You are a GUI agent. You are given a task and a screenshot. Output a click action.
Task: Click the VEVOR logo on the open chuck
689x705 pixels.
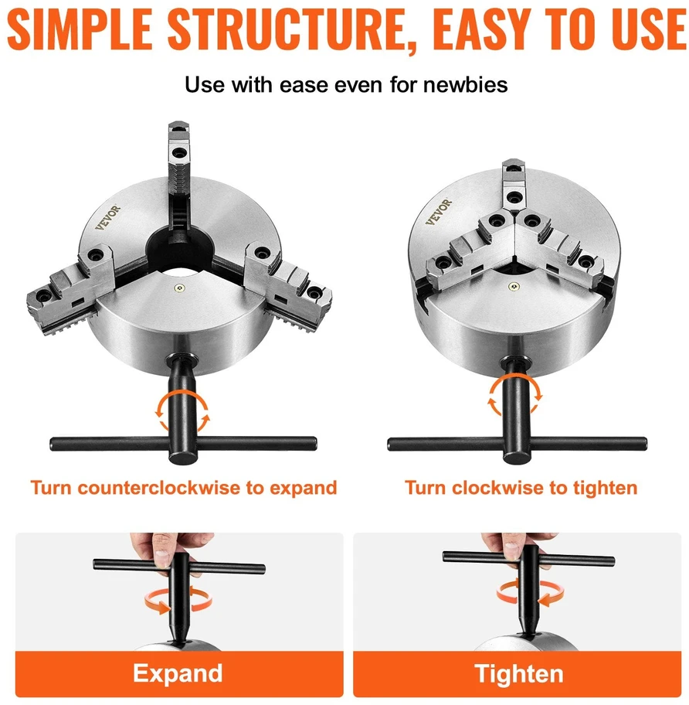(x=108, y=218)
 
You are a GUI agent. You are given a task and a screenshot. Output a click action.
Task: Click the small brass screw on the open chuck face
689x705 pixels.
(x=180, y=288)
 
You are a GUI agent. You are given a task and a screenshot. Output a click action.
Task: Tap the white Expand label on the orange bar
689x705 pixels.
(x=178, y=673)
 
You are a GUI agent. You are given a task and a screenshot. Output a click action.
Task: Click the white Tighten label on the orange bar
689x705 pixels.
(x=519, y=674)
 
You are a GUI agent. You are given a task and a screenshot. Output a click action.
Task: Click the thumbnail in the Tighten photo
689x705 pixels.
(x=512, y=550)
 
